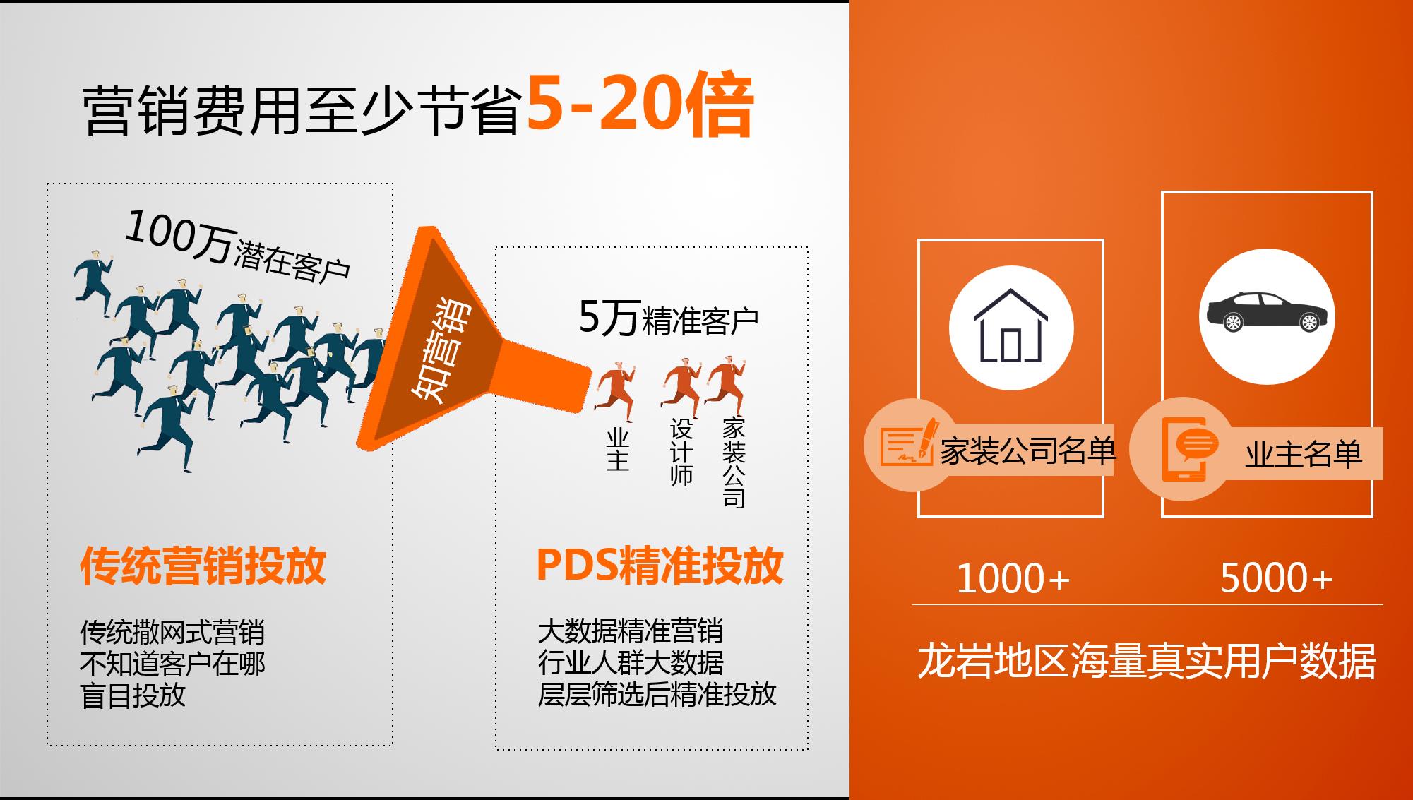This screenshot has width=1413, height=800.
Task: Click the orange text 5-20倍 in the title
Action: coord(639,105)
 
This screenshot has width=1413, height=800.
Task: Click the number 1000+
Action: coord(1013,578)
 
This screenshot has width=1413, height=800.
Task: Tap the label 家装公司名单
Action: coord(1027,450)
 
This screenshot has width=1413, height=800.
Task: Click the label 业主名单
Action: coord(1304,454)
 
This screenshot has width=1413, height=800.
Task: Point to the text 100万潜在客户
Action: coord(237,246)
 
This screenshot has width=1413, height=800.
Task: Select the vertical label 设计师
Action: coord(681,452)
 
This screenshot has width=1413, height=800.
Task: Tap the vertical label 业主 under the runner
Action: coord(617,449)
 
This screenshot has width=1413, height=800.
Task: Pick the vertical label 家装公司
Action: coord(734,462)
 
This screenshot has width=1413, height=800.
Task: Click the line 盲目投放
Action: coord(133,695)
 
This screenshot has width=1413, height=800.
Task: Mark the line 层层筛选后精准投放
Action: coord(657,694)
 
